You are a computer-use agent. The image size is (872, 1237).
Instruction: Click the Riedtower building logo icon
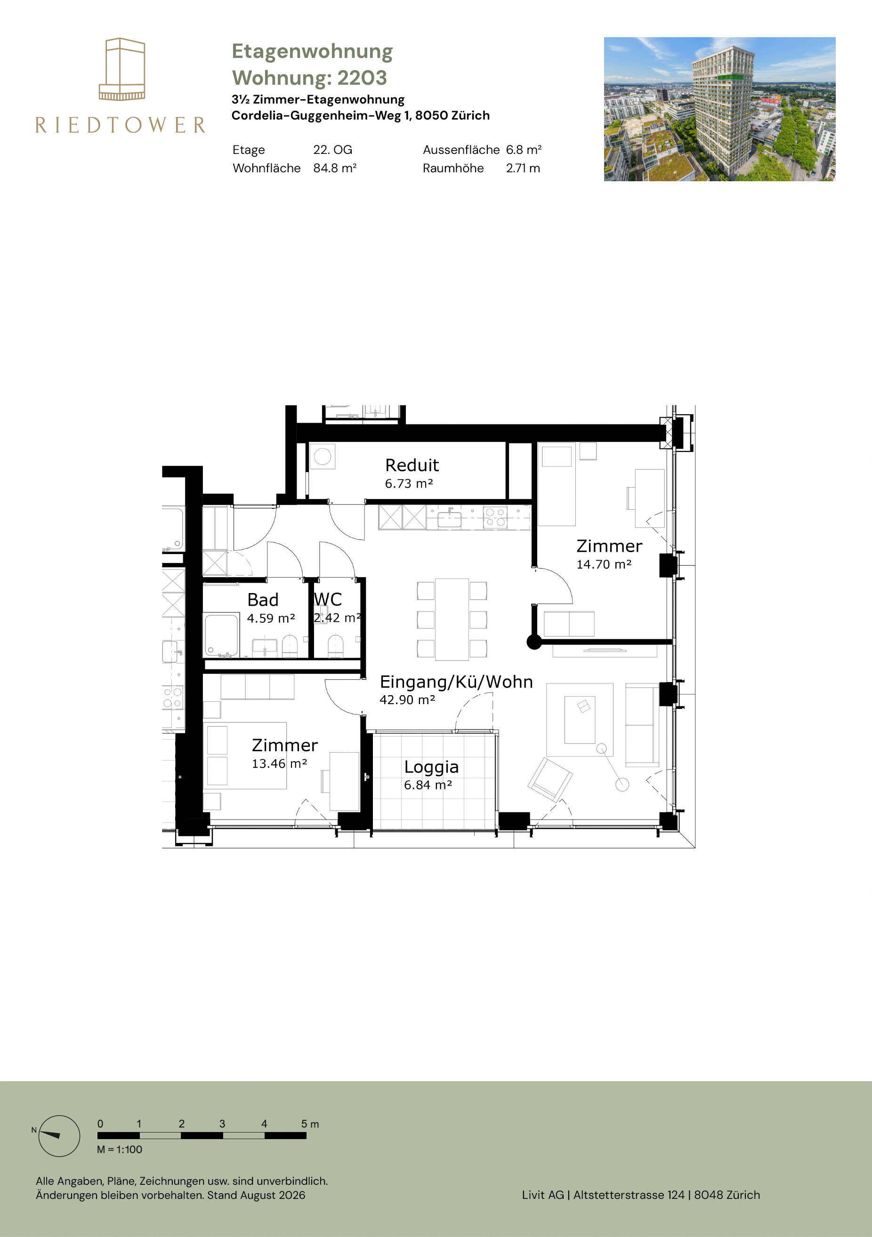(x=122, y=69)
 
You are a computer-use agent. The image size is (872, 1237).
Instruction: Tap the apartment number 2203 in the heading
(x=362, y=78)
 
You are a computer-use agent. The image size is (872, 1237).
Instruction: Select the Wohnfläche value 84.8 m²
(x=335, y=168)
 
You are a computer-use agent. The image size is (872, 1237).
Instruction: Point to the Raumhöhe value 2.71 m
(x=523, y=168)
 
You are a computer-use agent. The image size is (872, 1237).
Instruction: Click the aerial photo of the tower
(x=719, y=109)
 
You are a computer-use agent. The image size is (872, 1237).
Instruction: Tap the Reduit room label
(x=412, y=465)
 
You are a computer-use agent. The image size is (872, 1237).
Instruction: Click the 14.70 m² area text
(x=604, y=564)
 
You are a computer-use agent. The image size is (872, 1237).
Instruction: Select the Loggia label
(x=431, y=767)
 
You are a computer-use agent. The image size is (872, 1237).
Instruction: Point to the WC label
(x=328, y=599)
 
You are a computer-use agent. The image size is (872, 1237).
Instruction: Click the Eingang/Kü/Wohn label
(x=456, y=682)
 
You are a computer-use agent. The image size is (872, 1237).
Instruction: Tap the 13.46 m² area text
(x=279, y=763)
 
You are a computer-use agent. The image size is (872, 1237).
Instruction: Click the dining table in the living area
(x=452, y=619)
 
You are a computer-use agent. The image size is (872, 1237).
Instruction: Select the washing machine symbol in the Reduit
(x=322, y=456)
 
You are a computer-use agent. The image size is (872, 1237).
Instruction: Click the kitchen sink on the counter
(x=450, y=519)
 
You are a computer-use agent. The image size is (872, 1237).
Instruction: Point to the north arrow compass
(x=59, y=1136)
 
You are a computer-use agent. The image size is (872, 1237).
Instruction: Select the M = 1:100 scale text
(x=120, y=1149)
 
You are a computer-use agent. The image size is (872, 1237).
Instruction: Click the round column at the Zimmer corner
(x=534, y=642)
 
